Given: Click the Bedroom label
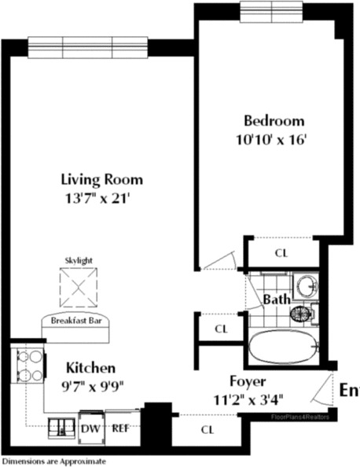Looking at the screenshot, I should pyautogui.click(x=274, y=121).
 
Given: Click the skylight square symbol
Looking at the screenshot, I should pyautogui.click(x=79, y=288).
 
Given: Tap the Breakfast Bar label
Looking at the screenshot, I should pyautogui.click(x=79, y=321).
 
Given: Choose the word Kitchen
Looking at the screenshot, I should pyautogui.click(x=90, y=368).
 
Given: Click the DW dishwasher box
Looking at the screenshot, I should pyautogui.click(x=89, y=429).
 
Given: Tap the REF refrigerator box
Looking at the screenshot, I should pyautogui.click(x=120, y=429).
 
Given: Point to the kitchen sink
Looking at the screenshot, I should pyautogui.click(x=61, y=428).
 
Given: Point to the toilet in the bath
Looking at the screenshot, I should pyautogui.click(x=302, y=314).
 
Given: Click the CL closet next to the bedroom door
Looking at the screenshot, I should pyautogui.click(x=281, y=253).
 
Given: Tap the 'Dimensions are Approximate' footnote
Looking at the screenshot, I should pyautogui.click(x=53, y=461).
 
